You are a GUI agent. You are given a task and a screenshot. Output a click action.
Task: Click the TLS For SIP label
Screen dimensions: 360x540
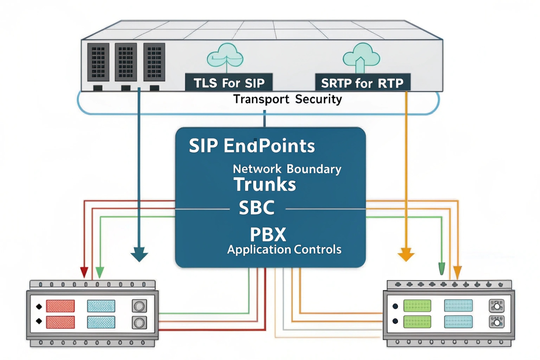pyautogui.click(x=229, y=83)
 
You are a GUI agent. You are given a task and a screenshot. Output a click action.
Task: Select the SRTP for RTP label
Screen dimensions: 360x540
pyautogui.click(x=362, y=83)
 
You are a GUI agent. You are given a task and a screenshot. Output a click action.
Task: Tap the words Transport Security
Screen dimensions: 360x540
pyautogui.click(x=287, y=99)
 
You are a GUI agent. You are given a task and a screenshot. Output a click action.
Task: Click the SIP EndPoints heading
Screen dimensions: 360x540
pyautogui.click(x=252, y=146)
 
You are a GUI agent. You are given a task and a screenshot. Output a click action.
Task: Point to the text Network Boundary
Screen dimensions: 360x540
pyautogui.click(x=287, y=169)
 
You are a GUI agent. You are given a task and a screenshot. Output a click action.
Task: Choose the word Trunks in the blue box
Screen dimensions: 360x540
pyautogui.click(x=264, y=185)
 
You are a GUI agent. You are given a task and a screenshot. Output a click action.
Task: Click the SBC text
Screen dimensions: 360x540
pyautogui.click(x=257, y=208)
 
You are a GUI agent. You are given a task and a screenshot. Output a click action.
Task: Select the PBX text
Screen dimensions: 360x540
pyautogui.click(x=268, y=234)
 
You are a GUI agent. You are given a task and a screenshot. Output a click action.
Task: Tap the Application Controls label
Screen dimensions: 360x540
pyautogui.click(x=284, y=250)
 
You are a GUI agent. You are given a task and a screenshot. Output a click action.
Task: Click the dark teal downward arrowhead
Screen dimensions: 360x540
pyautogui.click(x=139, y=255)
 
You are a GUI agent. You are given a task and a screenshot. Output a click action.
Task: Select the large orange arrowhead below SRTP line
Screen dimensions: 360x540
pyautogui.click(x=406, y=255)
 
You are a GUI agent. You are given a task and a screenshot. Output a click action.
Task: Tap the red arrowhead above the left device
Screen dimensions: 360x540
pyautogui.click(x=84, y=272)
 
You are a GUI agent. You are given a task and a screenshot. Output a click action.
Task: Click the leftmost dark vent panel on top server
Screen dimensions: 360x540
pyautogui.click(x=98, y=62)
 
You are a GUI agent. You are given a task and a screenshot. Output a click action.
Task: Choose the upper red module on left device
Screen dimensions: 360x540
pyautogui.click(x=60, y=306)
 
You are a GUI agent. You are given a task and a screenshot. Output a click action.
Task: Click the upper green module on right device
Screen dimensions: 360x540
pyautogui.click(x=417, y=306)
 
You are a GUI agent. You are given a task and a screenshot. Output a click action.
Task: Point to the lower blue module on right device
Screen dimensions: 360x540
pyautogui.click(x=458, y=321)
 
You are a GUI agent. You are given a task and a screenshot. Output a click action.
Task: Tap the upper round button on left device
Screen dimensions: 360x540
pyautogui.click(x=139, y=306)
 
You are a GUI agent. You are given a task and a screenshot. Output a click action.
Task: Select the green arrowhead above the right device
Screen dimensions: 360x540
pyautogui.click(x=442, y=269)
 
